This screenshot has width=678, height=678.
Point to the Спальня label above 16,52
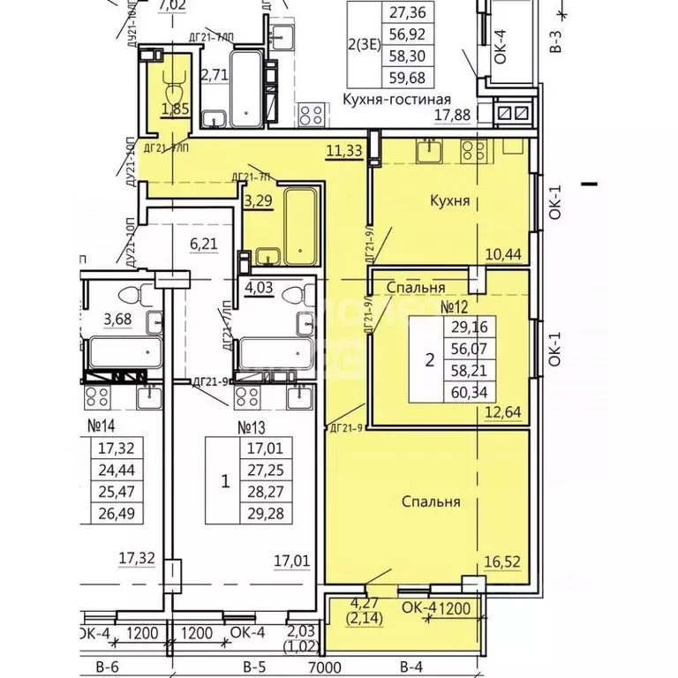click(x=432, y=501)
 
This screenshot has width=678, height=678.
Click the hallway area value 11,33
click(x=343, y=151)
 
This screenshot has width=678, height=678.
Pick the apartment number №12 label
click(x=453, y=307)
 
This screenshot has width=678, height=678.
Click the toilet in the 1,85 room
click(x=172, y=84)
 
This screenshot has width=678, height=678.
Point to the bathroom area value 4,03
click(x=260, y=286)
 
